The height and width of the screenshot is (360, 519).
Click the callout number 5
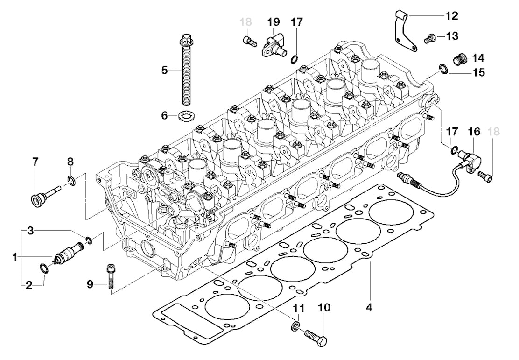164,70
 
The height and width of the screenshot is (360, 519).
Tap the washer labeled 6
186,116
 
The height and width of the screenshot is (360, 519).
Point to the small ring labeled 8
71,180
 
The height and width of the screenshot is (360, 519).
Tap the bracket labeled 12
405,30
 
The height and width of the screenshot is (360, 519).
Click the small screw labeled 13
429,39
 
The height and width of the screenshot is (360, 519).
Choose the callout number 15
478,72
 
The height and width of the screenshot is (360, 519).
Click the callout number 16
474,132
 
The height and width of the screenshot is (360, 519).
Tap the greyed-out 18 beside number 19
246,22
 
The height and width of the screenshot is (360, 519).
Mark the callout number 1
15,257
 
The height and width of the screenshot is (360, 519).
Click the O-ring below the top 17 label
295,60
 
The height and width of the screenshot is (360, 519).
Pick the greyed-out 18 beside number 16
494,132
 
